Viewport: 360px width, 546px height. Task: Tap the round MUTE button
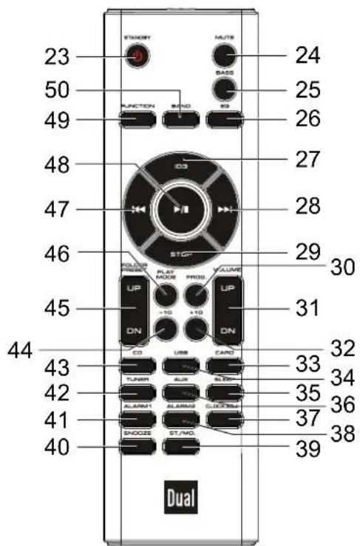click(222, 57)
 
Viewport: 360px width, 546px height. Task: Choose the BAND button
click(180, 117)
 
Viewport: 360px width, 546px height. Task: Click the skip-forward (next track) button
click(227, 210)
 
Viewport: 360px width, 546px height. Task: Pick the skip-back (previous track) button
click(137, 210)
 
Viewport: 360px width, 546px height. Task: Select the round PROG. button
click(196, 296)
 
